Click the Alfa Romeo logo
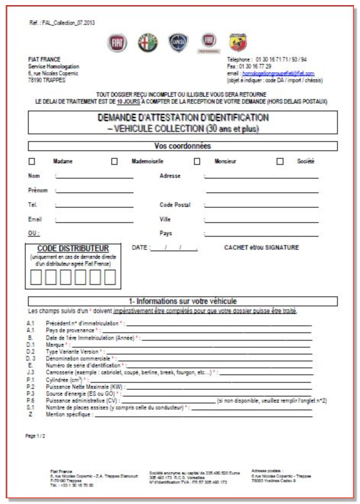[x=148, y=43]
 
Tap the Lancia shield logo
[x=179, y=43]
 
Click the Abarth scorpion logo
[x=238, y=43]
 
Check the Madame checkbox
[x=32, y=162]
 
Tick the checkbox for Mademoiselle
[x=114, y=162]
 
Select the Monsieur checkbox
[x=197, y=162]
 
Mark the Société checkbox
[x=280, y=162]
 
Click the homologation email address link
[x=278, y=73]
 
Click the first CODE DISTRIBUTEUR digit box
[x=36, y=277]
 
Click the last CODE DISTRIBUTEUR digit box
[x=110, y=277]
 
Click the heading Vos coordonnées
[x=183, y=146]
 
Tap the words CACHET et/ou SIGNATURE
[x=261, y=248]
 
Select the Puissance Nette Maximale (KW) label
[x=85, y=386]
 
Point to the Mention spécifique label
[x=69, y=414]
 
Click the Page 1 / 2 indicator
[x=35, y=436]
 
